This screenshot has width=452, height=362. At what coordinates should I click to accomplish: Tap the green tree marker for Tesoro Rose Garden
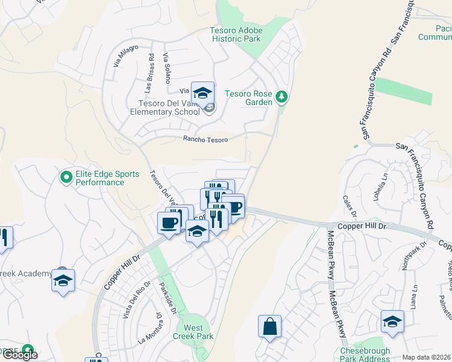[x=281, y=97]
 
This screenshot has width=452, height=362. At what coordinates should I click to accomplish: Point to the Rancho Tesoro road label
[x=205, y=139]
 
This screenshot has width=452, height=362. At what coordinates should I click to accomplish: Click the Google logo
[x=20, y=355]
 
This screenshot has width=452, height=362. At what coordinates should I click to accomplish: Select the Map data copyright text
[x=426, y=357]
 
